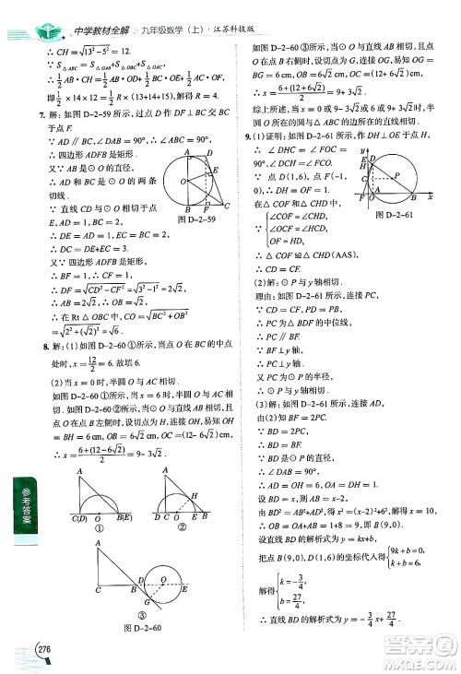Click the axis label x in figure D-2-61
pyautogui.click(x=404, y=197)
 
